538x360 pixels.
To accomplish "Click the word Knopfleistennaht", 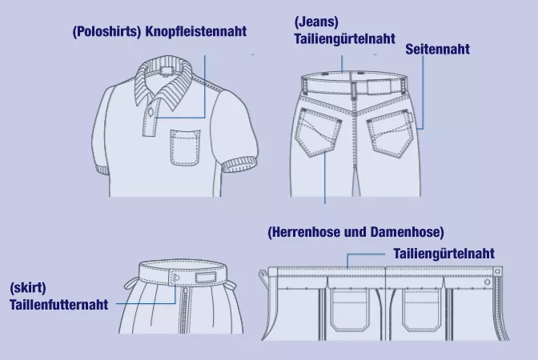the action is pyautogui.click(x=196, y=31).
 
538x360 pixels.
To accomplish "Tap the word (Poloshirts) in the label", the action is pyautogui.click(x=107, y=32).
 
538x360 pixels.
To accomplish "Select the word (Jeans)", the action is pyautogui.click(x=316, y=22).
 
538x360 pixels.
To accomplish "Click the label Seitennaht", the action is pyautogui.click(x=437, y=49).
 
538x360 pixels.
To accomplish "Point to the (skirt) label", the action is pyautogui.click(x=28, y=288).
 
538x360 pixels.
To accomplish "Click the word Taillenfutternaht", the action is pyautogui.click(x=58, y=305).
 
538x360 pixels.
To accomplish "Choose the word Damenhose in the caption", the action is pyautogui.click(x=407, y=232).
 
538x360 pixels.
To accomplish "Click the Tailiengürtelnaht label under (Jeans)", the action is pyautogui.click(x=345, y=38).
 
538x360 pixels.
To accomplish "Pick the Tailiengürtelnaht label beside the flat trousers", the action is pyautogui.click(x=444, y=254).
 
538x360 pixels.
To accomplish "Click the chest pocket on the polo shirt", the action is pyautogui.click(x=185, y=147).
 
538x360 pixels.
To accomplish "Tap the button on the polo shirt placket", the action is pyautogui.click(x=151, y=112).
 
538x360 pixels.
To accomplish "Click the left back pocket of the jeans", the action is pyautogui.click(x=318, y=132).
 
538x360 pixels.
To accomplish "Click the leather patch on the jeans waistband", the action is pyautogui.click(x=379, y=86).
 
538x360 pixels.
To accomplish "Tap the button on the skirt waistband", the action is pyautogui.click(x=176, y=278).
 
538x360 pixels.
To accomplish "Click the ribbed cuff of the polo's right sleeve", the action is pyautogui.click(x=240, y=165).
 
